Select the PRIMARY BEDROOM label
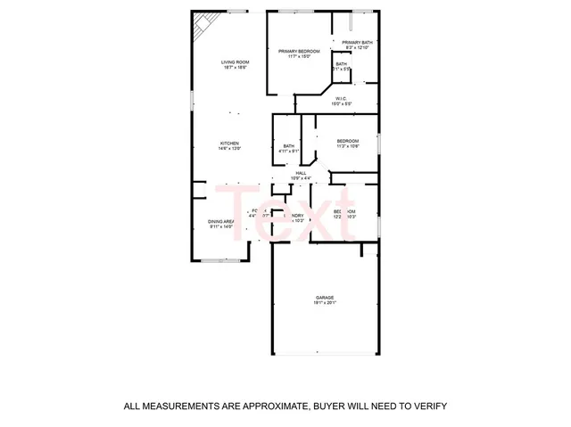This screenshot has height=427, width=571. (x=298, y=52)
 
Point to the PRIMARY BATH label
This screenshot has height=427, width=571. (x=356, y=42)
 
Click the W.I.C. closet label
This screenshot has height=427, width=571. (x=341, y=98)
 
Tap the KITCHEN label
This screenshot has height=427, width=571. (x=230, y=144)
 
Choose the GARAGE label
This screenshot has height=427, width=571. (x=324, y=297)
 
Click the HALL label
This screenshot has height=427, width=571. (x=301, y=173)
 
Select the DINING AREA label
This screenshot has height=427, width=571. (x=220, y=221)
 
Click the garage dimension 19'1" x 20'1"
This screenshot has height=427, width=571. (x=324, y=303)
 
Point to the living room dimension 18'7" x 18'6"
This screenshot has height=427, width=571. (x=234, y=67)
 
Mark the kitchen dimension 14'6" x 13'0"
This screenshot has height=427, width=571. (x=230, y=149)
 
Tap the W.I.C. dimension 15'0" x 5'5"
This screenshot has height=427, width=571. (x=341, y=103)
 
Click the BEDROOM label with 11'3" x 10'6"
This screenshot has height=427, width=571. (x=347, y=141)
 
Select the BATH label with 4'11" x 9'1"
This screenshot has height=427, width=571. (x=289, y=146)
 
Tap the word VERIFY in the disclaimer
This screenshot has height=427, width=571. (x=429, y=406)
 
